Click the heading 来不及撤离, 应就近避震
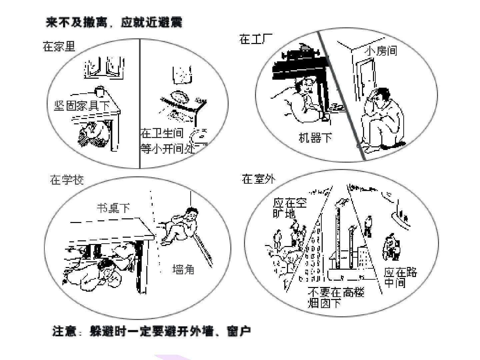coord(114,23)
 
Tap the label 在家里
coord(59,46)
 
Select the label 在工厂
coord(256,39)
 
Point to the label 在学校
coord(67,180)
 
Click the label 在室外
coord(258,179)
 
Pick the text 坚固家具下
coord(82,106)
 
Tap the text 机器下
coord(315,138)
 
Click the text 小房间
coord(381,51)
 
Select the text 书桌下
coord(113,208)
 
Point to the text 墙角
coord(183,269)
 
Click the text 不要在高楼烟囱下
coord(336,297)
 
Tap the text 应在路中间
coord(401,278)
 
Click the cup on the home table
coord(100,91)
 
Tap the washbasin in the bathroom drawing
coord(180,96)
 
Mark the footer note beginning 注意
coord(151,331)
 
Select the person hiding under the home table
coord(94,134)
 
